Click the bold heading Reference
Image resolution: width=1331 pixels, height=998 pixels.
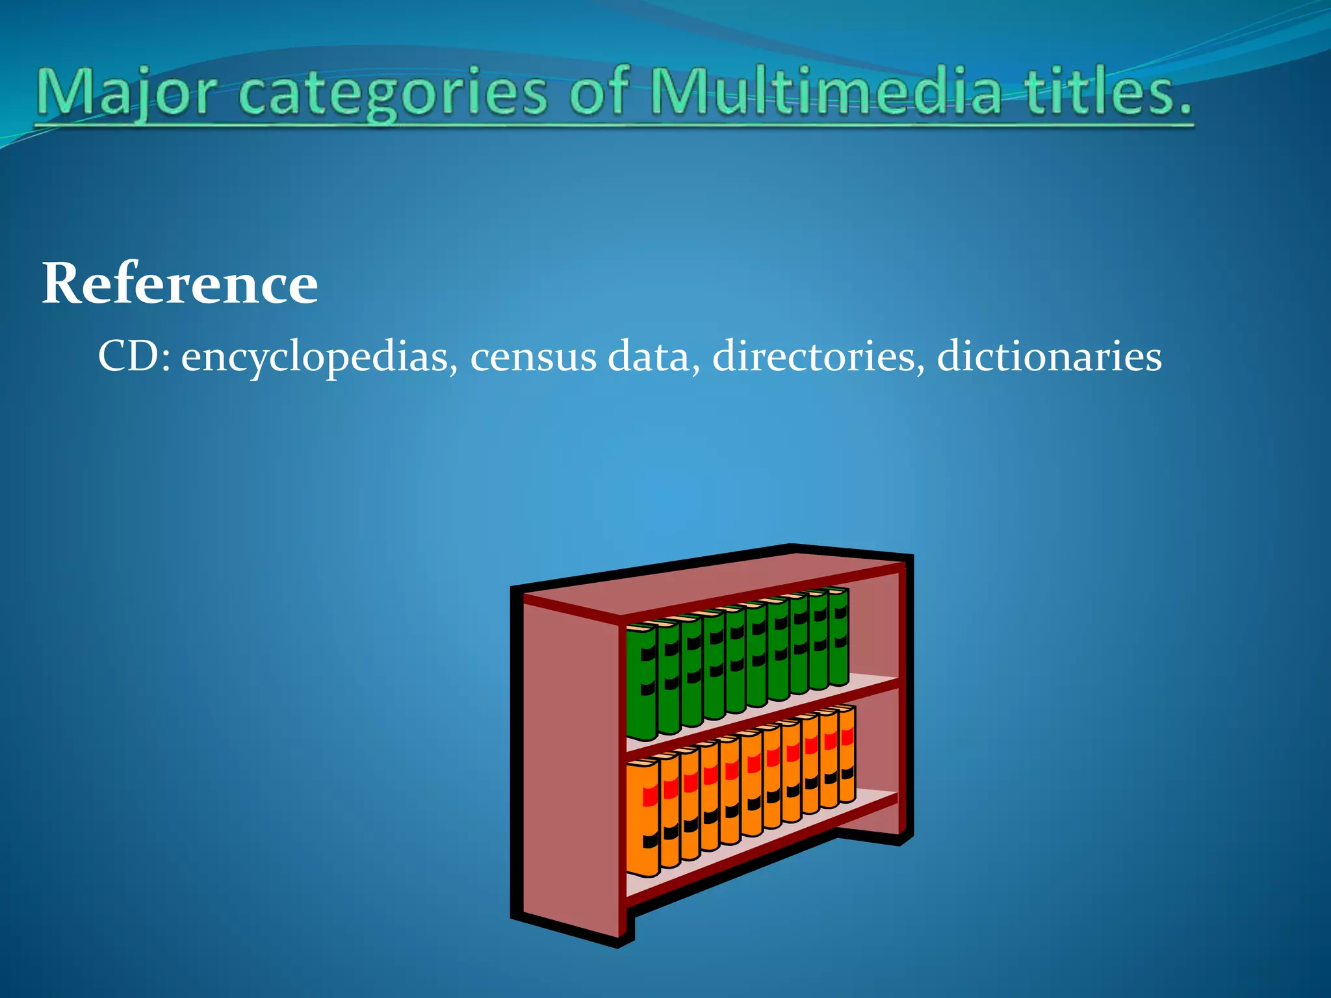click(x=180, y=283)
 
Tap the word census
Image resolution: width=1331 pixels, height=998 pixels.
click(x=533, y=357)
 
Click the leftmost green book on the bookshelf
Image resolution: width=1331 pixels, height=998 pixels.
click(x=641, y=682)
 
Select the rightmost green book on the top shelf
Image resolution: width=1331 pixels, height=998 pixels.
click(x=838, y=637)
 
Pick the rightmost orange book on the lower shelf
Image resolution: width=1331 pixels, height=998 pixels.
click(x=846, y=754)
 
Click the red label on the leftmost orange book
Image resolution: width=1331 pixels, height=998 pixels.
click(x=649, y=796)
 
